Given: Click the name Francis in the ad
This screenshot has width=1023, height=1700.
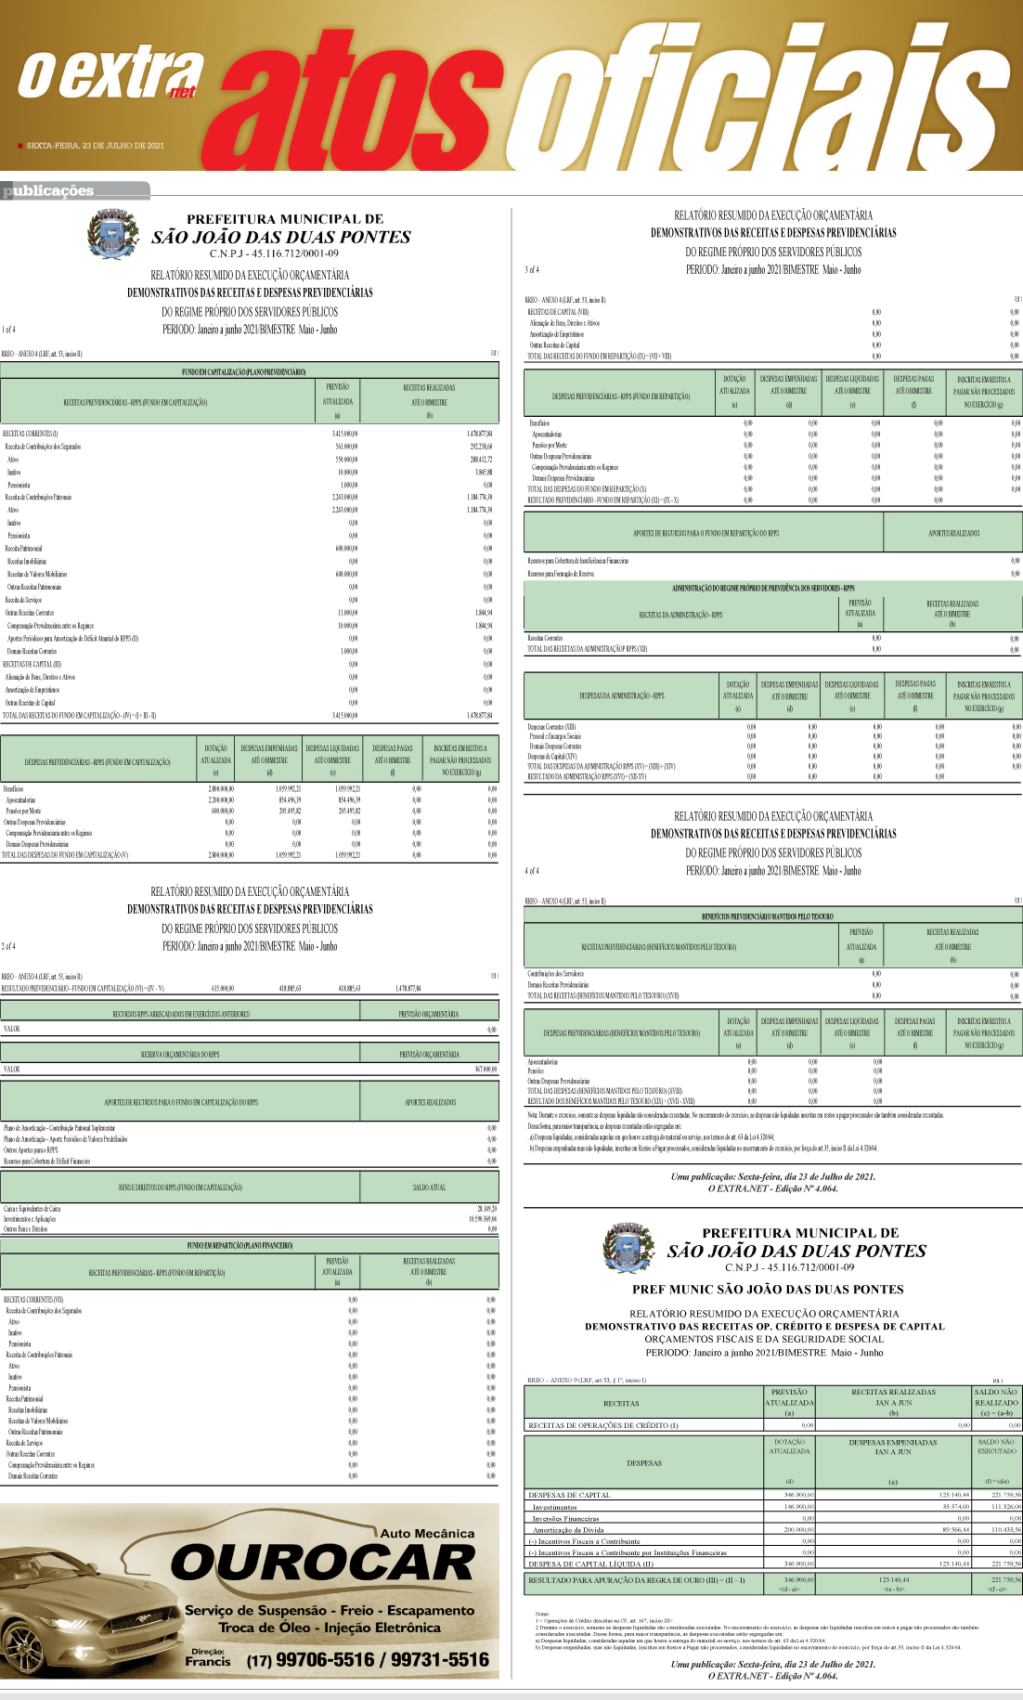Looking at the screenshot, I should coord(207,1662).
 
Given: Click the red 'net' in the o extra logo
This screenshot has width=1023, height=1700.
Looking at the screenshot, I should coord(183,91).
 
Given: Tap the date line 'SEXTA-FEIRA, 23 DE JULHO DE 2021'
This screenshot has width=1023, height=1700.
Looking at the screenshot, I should coord(95,146).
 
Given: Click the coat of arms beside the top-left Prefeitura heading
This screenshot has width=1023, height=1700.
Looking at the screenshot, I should coord(111,233).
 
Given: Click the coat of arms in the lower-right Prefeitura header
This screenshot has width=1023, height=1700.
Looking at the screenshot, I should coord(628,1248).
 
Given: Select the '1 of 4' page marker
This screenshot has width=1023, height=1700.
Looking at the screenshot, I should coord(8,330).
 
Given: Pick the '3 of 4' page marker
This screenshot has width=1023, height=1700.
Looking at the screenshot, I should coord(532,270).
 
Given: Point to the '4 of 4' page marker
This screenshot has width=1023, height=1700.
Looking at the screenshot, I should coord(532,871).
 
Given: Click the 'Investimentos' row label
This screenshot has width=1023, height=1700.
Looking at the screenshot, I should coord(554,1506).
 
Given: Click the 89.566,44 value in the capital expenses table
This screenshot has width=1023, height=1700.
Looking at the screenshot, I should coord(952,1529).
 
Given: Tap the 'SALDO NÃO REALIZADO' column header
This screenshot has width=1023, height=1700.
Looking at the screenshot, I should coord(996,1396).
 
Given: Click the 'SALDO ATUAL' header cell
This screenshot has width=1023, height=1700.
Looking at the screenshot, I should coord(429,1187).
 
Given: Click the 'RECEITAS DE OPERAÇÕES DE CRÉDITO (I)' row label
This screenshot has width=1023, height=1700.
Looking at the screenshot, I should coord(603,1425).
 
